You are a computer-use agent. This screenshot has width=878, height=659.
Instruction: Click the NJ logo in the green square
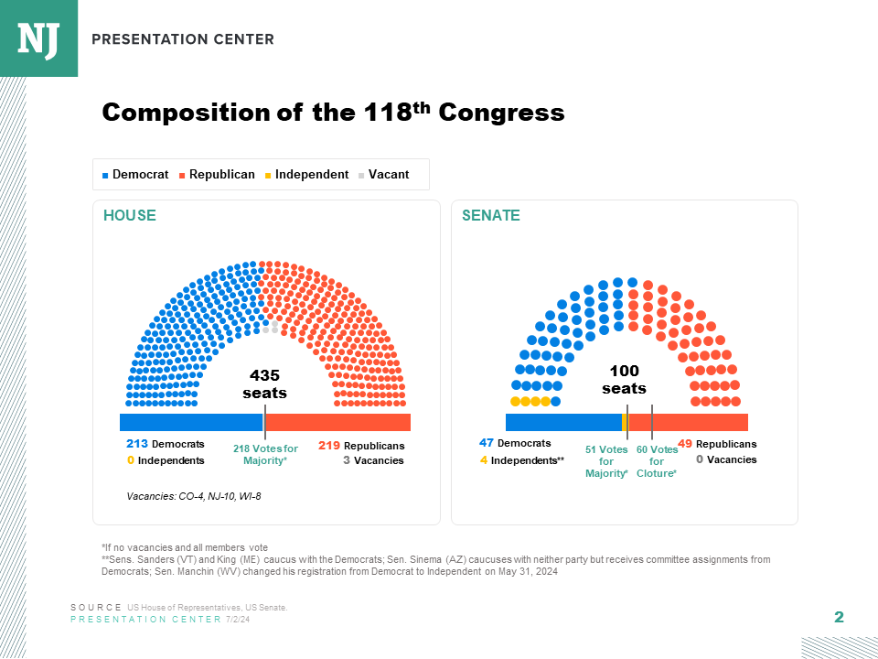click(x=38, y=38)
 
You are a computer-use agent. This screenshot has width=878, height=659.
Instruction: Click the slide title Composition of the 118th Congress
click(x=333, y=113)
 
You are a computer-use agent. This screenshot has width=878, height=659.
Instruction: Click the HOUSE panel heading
click(x=129, y=216)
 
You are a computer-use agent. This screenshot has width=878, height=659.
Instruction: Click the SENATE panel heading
click(x=490, y=216)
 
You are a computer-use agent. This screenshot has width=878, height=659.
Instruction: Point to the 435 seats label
click(x=264, y=384)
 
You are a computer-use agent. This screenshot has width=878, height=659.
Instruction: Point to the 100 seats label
click(x=624, y=380)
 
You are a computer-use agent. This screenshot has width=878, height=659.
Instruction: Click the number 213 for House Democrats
click(x=137, y=445)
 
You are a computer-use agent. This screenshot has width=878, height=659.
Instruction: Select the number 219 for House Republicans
click(x=329, y=446)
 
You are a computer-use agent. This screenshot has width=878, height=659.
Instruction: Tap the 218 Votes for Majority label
click(x=265, y=455)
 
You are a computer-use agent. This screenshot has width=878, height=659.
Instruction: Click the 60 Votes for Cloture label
click(x=657, y=461)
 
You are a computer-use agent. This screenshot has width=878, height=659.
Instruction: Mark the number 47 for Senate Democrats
click(x=487, y=443)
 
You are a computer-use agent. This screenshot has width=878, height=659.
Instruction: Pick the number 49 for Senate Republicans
click(x=685, y=444)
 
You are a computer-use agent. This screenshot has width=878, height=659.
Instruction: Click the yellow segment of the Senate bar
click(x=624, y=422)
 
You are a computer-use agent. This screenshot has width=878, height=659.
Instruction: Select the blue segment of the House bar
click(x=191, y=422)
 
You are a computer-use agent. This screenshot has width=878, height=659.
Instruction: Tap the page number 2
click(x=839, y=617)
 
